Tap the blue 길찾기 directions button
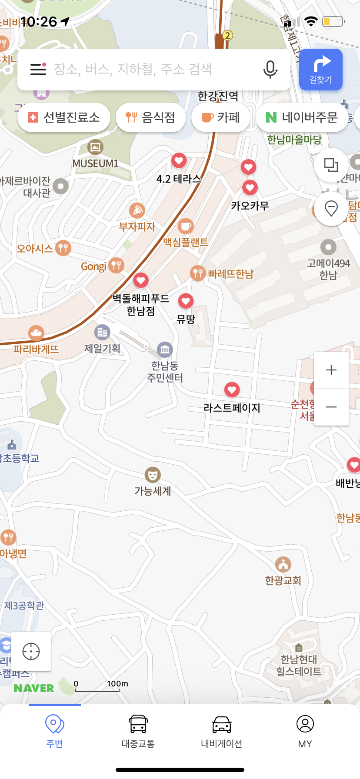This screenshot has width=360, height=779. click(x=321, y=70)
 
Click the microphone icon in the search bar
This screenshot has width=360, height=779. click(x=270, y=70)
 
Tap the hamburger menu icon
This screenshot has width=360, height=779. click(x=38, y=69)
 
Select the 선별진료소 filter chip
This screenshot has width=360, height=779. click(x=64, y=117)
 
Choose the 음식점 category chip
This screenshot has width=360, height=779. click(x=150, y=117)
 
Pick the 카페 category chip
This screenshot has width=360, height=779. click(x=221, y=117)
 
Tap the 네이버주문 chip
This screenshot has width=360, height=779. click(x=302, y=117)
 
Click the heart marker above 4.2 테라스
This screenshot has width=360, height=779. click(x=179, y=161)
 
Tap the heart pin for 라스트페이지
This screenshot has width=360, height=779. click(x=232, y=389)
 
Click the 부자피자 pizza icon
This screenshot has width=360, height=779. click(x=137, y=211)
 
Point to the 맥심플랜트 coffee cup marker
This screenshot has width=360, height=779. click(x=186, y=226)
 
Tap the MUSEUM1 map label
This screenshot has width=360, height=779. click(x=95, y=163)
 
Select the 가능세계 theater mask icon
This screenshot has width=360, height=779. click(x=152, y=475)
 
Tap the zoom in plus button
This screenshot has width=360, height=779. click(x=331, y=370)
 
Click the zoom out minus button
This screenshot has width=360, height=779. click(x=331, y=407)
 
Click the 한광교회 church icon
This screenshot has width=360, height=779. click(x=283, y=564)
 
